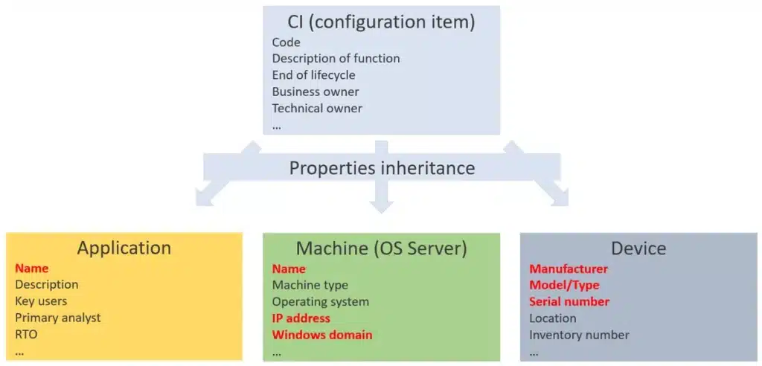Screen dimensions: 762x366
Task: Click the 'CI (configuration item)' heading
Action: (x=382, y=23)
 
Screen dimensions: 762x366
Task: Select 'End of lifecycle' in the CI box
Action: (x=313, y=75)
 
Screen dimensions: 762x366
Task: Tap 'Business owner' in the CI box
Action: (x=316, y=91)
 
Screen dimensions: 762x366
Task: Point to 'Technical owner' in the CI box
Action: (x=317, y=108)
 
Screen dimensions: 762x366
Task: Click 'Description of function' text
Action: (x=336, y=59)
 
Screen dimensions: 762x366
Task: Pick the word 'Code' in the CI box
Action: (x=286, y=42)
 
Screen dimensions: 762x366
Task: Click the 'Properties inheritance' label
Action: (x=382, y=168)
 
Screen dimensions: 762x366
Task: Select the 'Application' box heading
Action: (x=124, y=248)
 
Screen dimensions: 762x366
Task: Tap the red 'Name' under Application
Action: (x=31, y=269)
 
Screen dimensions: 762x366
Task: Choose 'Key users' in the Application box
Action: (x=41, y=301)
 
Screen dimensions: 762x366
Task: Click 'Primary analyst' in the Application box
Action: (x=58, y=318)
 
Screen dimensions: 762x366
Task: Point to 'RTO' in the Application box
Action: (x=26, y=335)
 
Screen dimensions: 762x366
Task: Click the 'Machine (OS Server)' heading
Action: (x=382, y=248)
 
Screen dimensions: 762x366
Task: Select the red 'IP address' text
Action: (x=301, y=318)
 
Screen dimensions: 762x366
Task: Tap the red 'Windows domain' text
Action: (x=321, y=335)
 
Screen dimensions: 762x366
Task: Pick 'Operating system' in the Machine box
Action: (x=320, y=302)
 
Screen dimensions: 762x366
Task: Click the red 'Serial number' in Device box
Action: (x=569, y=301)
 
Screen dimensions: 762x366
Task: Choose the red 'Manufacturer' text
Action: (x=569, y=269)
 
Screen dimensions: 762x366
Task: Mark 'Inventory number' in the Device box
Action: (x=579, y=335)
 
